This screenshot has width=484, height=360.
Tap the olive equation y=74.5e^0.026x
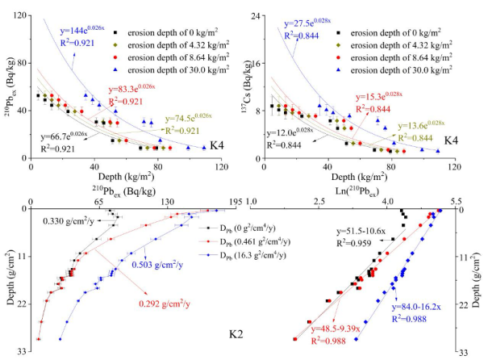193,118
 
